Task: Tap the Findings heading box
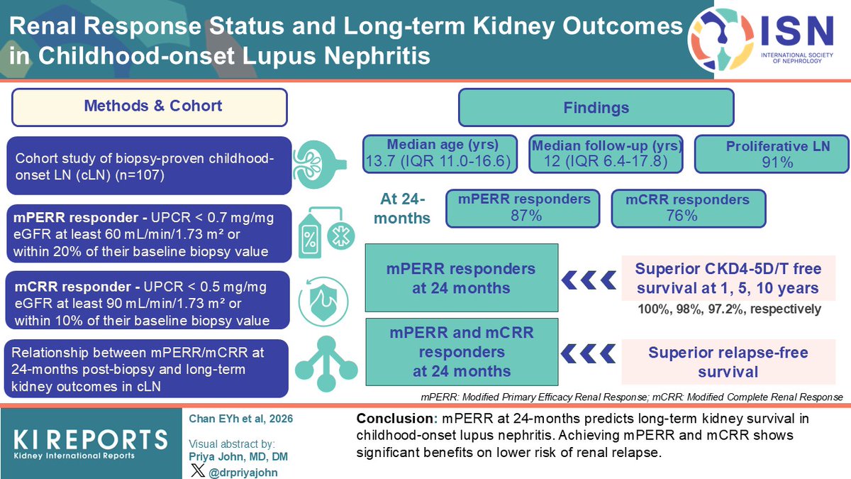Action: pos(596,108)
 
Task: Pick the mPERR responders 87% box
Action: pos(521,207)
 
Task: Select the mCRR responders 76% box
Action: pos(688,208)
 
